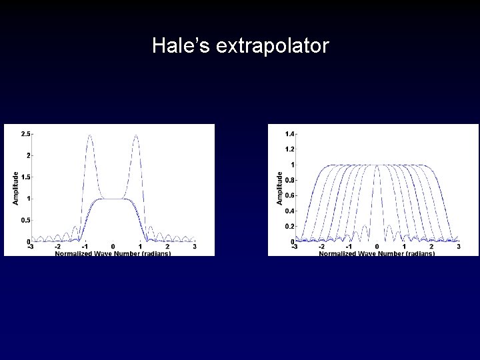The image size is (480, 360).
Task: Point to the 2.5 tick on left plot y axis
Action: coord(25,134)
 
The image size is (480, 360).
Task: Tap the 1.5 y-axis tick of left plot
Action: coord(25,177)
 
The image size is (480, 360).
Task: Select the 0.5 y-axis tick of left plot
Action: coord(25,220)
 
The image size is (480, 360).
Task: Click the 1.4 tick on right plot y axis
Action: coord(290,134)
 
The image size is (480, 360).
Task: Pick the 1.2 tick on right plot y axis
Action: coord(290,149)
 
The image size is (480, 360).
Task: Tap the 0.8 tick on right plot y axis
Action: coord(290,180)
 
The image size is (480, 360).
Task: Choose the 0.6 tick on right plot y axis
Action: coord(290,195)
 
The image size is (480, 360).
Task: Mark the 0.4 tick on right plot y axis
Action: coord(290,211)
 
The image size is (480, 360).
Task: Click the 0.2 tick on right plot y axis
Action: coord(290,226)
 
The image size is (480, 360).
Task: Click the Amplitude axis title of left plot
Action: coord(16,187)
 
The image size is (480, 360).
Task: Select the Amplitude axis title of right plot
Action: coord(280,187)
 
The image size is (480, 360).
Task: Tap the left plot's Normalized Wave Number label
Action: coord(113,253)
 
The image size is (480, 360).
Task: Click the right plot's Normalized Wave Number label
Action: coord(377,253)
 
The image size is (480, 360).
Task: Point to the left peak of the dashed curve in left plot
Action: coord(89,135)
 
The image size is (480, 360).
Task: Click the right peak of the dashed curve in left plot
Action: coord(136,135)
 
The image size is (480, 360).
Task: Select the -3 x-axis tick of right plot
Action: coord(295,247)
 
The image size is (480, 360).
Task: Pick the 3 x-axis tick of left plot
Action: coord(194,247)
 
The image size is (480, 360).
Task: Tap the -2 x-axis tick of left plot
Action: coord(58,247)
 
